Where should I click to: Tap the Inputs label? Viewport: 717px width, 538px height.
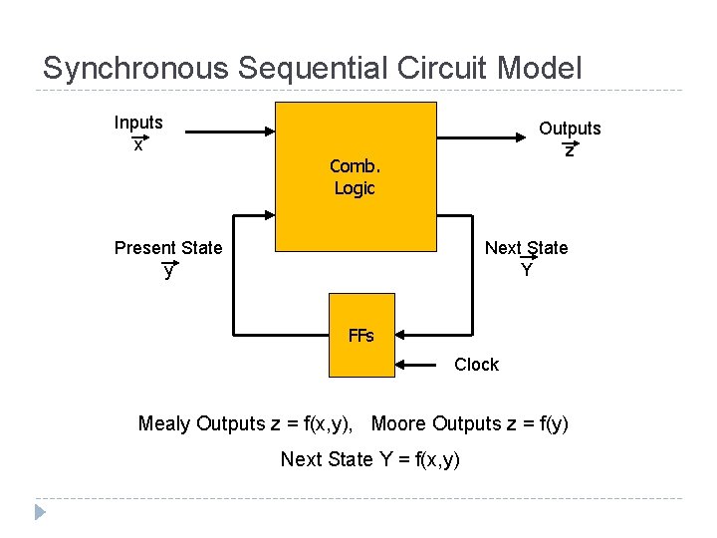(138, 123)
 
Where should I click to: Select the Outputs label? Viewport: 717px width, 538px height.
(570, 129)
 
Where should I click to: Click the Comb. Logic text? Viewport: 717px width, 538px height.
(355, 176)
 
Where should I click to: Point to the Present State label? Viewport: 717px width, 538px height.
(168, 248)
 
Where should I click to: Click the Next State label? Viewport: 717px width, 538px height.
(526, 248)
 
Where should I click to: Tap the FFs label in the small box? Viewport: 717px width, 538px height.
(361, 336)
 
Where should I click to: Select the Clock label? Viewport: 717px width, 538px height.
(476, 365)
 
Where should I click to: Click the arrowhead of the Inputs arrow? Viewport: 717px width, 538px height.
(269, 131)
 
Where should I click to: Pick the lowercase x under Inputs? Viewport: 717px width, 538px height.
(138, 145)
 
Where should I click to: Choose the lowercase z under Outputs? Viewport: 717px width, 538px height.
(569, 150)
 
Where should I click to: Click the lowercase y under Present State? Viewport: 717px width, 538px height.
(168, 270)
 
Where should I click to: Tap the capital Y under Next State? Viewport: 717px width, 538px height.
(526, 270)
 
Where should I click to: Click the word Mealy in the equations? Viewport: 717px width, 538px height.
(164, 424)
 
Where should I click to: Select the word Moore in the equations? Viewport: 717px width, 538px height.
(399, 424)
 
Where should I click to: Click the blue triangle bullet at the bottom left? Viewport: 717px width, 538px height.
(40, 512)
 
